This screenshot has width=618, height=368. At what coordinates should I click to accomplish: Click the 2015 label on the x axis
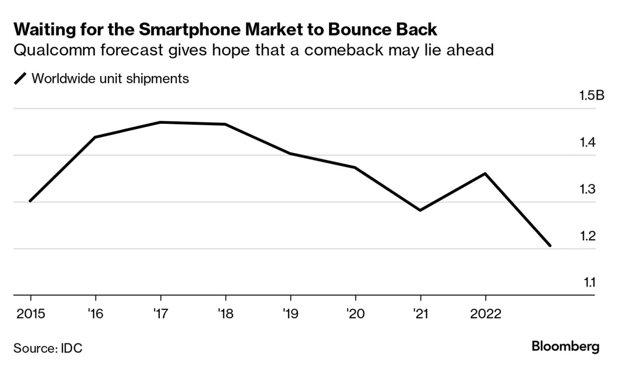30,314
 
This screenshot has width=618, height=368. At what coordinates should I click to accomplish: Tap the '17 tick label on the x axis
160,314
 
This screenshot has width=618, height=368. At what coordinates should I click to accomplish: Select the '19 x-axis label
290,314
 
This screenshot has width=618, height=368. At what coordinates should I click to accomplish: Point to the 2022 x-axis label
485,314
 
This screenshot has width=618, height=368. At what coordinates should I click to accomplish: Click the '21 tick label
420,314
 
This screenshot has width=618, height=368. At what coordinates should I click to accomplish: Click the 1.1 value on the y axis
590,282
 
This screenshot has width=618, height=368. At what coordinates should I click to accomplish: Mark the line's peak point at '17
160,122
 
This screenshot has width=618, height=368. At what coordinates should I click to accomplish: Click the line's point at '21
420,210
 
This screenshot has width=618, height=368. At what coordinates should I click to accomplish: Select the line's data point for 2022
485,173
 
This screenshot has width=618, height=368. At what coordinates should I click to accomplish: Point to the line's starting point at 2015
30,201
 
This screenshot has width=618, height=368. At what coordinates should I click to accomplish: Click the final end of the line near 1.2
550,246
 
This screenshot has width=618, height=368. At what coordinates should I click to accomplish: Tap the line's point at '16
95,137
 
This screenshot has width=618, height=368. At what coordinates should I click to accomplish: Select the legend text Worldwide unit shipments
110,79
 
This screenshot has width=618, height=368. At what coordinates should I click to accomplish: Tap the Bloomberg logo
565,346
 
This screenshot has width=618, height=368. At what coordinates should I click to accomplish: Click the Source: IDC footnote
48,348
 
